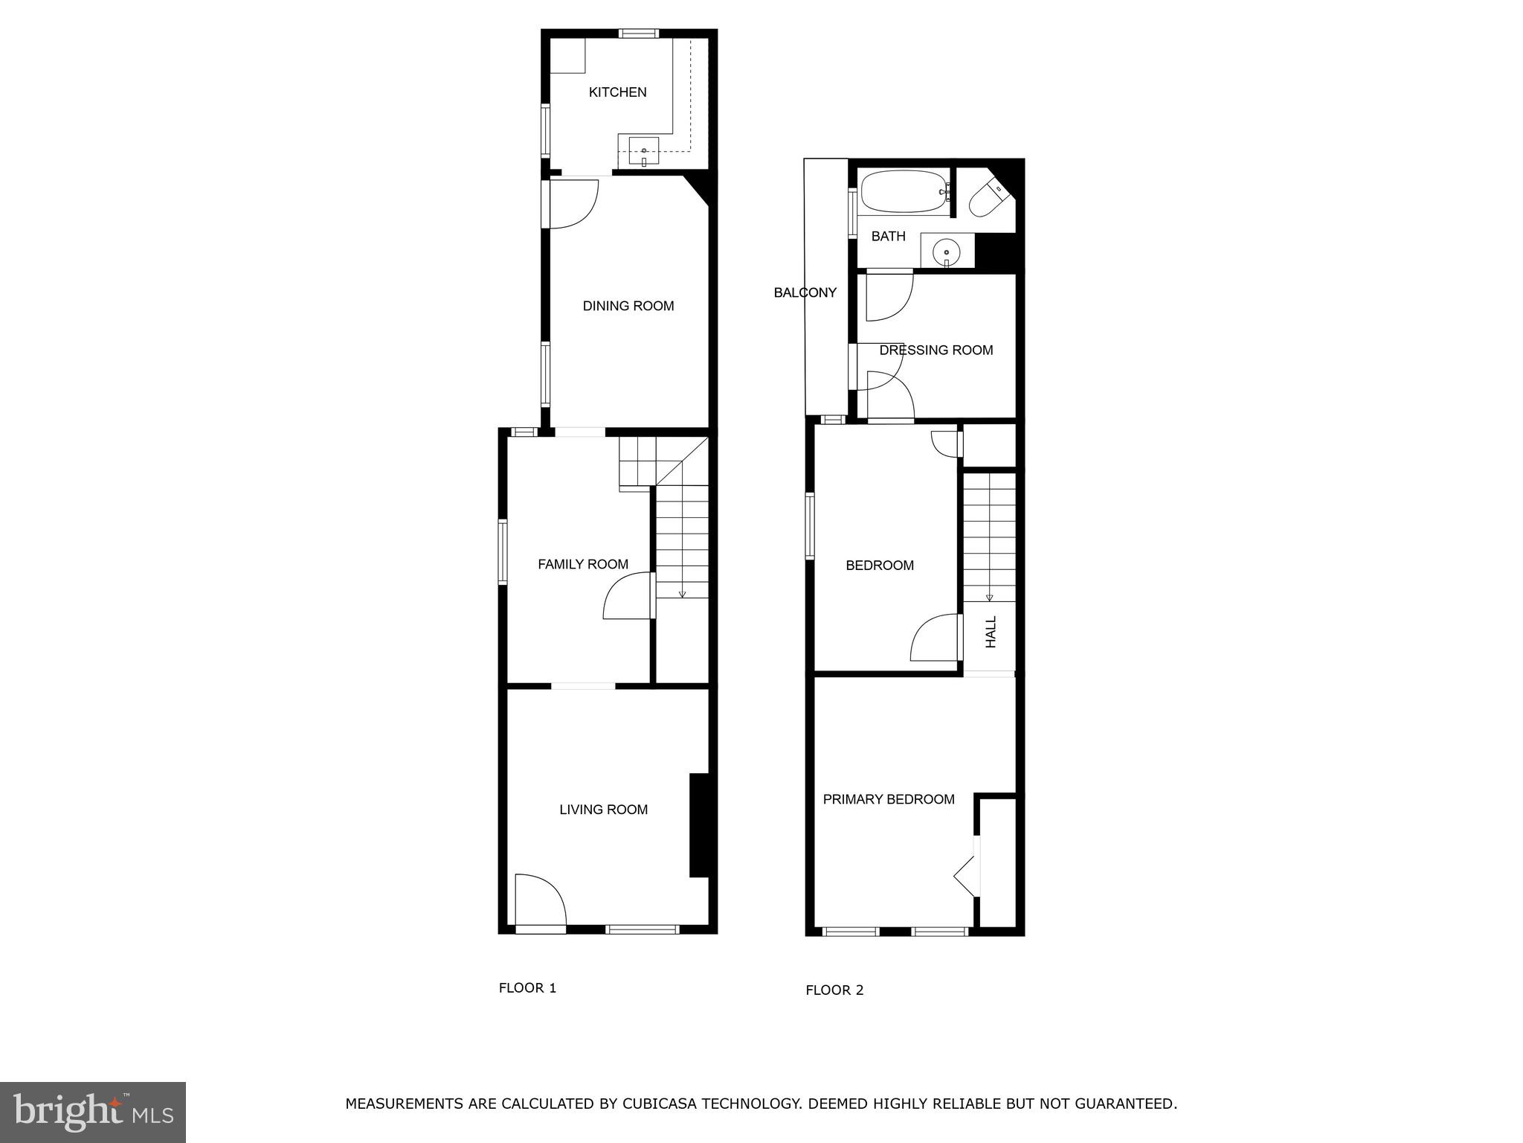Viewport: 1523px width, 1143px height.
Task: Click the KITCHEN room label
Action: pyautogui.click(x=617, y=92)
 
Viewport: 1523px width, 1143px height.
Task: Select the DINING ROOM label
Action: pyautogui.click(x=628, y=306)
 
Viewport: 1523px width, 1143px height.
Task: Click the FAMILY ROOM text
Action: pyautogui.click(x=583, y=565)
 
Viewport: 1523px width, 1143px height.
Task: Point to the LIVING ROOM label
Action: pyautogui.click(x=603, y=810)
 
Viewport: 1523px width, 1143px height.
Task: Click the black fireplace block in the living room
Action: pyautogui.click(x=698, y=825)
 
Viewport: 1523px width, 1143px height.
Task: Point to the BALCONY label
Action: pyautogui.click(x=805, y=292)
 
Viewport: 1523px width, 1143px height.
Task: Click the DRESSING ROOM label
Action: pyautogui.click(x=936, y=350)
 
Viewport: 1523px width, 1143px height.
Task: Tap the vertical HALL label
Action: pyautogui.click(x=991, y=632)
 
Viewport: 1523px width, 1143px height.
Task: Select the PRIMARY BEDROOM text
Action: pyautogui.click(x=889, y=799)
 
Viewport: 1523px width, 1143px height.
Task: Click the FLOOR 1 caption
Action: pyautogui.click(x=527, y=988)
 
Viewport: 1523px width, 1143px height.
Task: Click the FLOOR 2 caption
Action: pyautogui.click(x=834, y=990)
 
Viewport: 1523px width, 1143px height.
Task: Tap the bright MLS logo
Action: pyautogui.click(x=93, y=1112)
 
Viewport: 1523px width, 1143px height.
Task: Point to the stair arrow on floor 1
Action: pyautogui.click(x=682, y=593)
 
